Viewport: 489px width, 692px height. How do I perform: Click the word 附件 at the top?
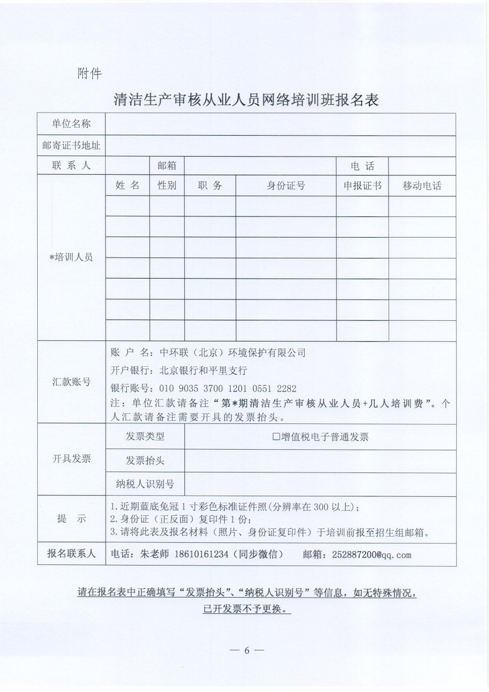click(x=89, y=74)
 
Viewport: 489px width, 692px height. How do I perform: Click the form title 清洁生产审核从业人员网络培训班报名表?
click(x=246, y=99)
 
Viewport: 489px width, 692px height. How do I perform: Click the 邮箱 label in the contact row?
click(x=167, y=166)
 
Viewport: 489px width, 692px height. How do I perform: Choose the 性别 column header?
click(x=167, y=186)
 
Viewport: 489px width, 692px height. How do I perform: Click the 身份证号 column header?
click(x=286, y=186)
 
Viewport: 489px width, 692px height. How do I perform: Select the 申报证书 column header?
click(x=362, y=186)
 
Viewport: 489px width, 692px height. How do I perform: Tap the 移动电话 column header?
click(x=422, y=186)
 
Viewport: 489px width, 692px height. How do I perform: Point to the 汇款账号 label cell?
click(x=71, y=382)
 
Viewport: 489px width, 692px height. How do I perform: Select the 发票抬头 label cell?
click(x=145, y=460)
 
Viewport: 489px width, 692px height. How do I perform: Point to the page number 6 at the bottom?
click(x=246, y=650)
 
